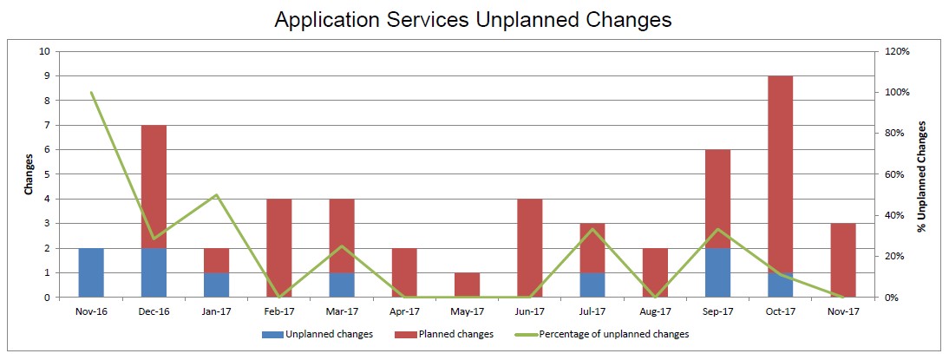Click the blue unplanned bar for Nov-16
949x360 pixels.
[91, 273]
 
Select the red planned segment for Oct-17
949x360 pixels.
[781, 174]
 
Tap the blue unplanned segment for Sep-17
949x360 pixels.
[717, 273]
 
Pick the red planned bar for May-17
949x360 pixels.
[468, 285]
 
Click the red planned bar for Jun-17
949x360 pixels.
[530, 248]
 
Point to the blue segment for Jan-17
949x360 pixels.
[217, 285]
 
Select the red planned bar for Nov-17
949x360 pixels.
[843, 261]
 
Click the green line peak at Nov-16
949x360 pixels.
[91, 93]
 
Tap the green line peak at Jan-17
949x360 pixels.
[217, 195]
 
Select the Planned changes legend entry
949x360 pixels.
[443, 333]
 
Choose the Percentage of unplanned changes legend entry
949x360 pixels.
[602, 333]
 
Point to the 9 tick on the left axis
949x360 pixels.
[47, 76]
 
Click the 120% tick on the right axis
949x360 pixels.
[898, 51]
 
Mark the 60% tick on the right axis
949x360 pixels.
[895, 174]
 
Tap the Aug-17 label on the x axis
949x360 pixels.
[656, 311]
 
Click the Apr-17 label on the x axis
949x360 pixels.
[405, 311]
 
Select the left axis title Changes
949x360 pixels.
[29, 174]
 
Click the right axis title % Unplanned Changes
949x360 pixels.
[922, 176]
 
